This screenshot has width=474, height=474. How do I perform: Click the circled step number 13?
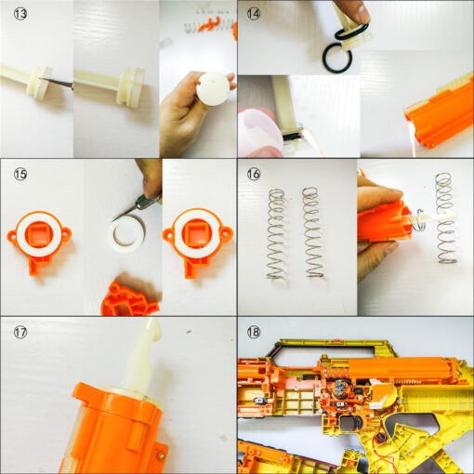[x=20, y=14]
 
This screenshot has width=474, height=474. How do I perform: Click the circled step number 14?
[x=253, y=14]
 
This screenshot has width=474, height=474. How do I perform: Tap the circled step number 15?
[x=20, y=174]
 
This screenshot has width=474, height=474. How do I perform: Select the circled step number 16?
[x=253, y=174]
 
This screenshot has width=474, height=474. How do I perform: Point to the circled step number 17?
[x=20, y=332]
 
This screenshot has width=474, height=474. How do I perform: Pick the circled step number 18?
[x=253, y=332]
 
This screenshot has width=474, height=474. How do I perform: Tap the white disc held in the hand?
[x=214, y=88]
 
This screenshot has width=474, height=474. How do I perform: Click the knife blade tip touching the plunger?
[x=41, y=79]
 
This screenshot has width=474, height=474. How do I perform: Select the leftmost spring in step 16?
[x=276, y=235]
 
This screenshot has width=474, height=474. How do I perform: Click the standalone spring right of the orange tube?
[x=446, y=218]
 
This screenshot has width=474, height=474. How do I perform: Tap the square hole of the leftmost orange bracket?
[x=38, y=236]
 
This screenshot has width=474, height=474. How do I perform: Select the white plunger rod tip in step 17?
[x=151, y=329]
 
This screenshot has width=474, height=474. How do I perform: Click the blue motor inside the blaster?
[x=341, y=388]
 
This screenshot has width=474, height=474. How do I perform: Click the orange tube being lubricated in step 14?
[x=440, y=112]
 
